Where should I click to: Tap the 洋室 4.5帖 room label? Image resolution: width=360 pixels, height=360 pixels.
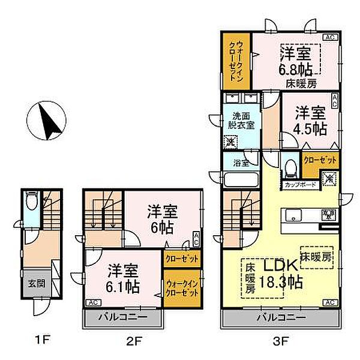coord(310,121)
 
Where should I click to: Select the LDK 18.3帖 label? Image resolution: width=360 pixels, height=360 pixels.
coord(280,274)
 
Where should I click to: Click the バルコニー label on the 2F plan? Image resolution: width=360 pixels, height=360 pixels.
coord(122,316)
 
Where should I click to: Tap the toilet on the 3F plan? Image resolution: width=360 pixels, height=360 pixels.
coord(291,166)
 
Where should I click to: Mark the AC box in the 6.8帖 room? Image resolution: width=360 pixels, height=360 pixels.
coord(329,37)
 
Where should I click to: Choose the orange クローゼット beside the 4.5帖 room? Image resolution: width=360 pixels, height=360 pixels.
coord(320,161)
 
